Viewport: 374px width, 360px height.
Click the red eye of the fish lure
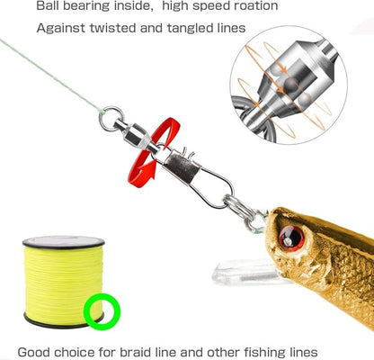pos(291,238)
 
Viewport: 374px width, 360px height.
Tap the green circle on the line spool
pos(102,311)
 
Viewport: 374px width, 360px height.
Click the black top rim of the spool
pos(63,242)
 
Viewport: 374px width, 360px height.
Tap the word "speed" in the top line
pos(206,6)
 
